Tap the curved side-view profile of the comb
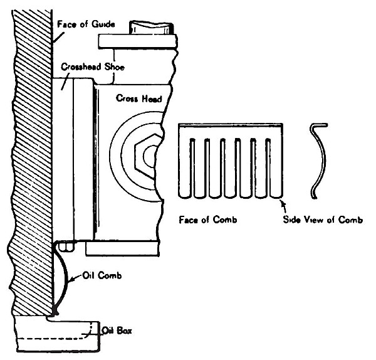tap(320, 159)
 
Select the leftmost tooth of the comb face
tap(184, 166)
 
